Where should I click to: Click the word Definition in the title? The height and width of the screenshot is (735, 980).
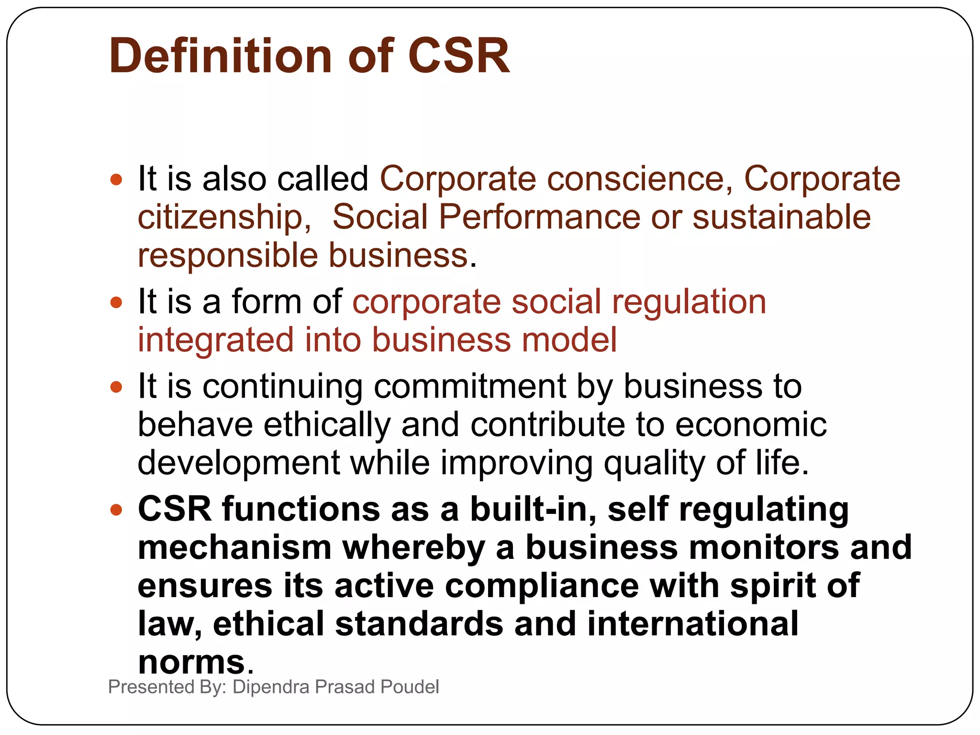(x=220, y=56)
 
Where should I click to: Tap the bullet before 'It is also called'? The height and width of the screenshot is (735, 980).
(x=116, y=180)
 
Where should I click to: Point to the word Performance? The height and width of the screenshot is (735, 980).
(x=539, y=217)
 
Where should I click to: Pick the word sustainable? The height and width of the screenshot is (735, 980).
(x=781, y=217)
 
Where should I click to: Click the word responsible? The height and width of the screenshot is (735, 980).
(x=228, y=256)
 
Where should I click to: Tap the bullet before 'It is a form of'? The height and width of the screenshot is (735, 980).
(x=116, y=303)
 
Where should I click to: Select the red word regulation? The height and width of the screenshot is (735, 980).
(x=689, y=302)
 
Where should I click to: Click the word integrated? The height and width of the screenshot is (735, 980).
(x=215, y=341)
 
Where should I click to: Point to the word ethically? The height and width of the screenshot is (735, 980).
(x=327, y=425)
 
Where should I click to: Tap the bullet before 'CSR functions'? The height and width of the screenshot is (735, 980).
(x=116, y=510)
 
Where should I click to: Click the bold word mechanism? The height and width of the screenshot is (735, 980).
(x=234, y=548)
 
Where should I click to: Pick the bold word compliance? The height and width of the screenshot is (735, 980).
(x=542, y=586)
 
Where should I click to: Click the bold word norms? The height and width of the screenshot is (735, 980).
(x=191, y=663)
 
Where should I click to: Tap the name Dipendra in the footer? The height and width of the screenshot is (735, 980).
(x=271, y=687)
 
